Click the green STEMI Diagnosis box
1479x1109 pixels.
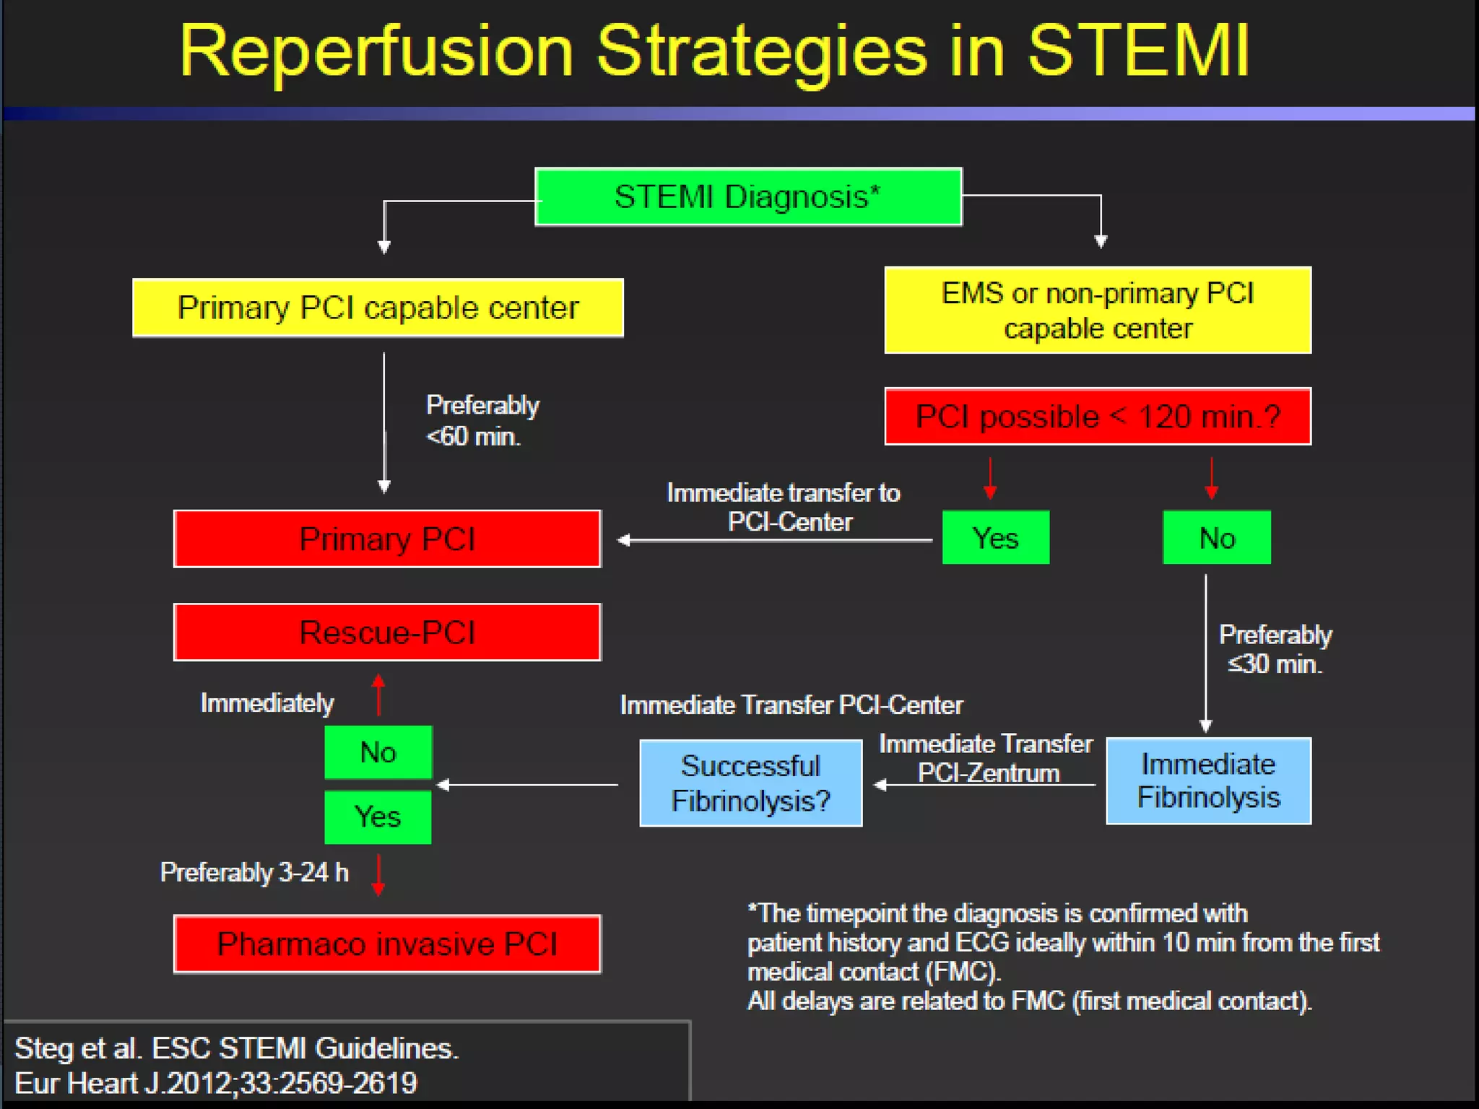point(748,197)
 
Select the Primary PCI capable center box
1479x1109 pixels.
point(378,308)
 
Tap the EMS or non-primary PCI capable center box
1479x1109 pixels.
point(1098,310)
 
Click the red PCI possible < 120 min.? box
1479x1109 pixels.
point(1098,417)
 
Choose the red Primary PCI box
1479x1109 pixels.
point(387,539)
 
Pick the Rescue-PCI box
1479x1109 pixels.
point(387,632)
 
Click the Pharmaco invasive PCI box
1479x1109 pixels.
point(387,944)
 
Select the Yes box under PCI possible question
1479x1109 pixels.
point(995,538)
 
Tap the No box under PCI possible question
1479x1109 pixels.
point(1217,538)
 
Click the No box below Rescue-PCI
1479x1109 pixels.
point(378,752)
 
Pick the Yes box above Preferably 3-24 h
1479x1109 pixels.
point(378,817)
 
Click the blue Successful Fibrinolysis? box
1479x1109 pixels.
point(751,783)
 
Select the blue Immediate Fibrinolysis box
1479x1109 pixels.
point(1208,781)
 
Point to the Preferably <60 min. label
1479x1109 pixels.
point(482,421)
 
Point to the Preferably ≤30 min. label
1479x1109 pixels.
point(1275,649)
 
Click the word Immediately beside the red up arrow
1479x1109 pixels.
point(266,703)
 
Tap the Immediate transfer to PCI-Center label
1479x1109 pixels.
point(784,507)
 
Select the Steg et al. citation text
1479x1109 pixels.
point(237,1066)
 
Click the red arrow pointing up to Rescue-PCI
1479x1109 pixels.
point(378,694)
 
